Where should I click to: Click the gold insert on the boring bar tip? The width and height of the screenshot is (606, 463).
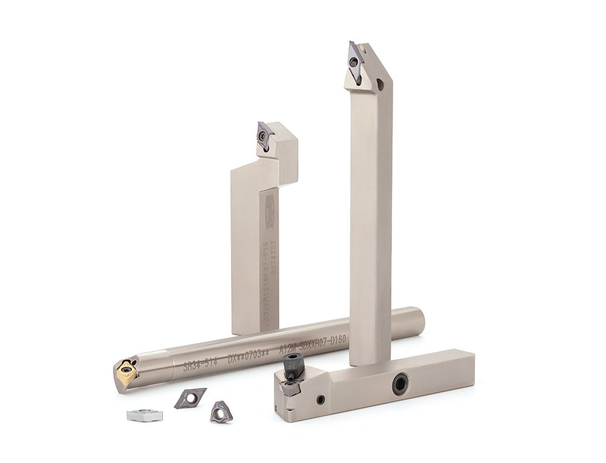coord(127,371)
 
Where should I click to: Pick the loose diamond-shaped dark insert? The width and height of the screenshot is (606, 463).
coord(190,398)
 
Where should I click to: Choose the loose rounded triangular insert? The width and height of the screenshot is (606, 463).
coord(221,412)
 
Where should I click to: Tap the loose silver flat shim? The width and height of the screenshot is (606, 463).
coord(145,415)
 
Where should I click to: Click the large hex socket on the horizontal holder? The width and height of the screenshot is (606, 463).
coord(400,384)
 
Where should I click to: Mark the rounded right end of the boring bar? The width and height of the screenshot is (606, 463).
coord(418,321)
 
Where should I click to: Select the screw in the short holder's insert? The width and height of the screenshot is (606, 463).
coord(262,137)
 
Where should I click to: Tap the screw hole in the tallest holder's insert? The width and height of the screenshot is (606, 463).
coord(354,61)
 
